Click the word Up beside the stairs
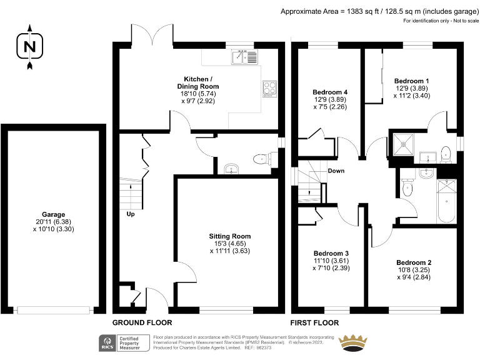click(x=130, y=214)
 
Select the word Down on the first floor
click(x=336, y=171)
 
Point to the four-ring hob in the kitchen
click(x=269, y=89)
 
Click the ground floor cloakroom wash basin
click(x=231, y=169)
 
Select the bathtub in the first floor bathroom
click(x=446, y=201)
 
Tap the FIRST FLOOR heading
click(x=314, y=323)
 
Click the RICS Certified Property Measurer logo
click(x=123, y=342)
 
